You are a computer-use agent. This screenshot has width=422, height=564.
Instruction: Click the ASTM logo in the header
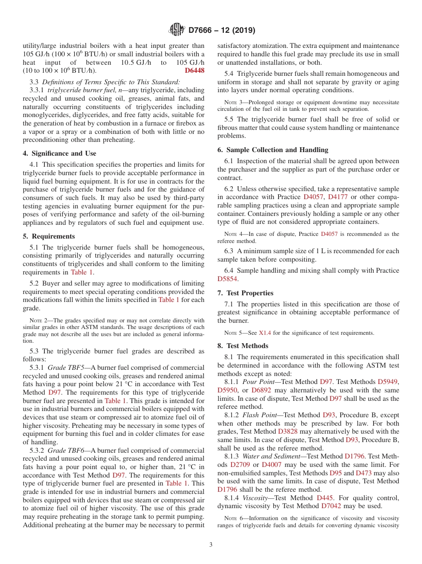tap(177, 30)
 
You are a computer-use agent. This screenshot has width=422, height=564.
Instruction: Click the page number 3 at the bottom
tap(211, 544)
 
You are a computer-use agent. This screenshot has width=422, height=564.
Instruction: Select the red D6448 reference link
tap(195, 70)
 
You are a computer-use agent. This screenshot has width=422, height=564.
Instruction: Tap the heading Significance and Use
tap(59, 153)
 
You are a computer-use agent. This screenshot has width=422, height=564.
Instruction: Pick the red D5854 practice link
tap(227, 279)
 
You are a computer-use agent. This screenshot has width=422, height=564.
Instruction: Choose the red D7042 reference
tap(331, 505)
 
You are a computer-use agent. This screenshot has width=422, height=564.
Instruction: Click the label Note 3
tap(227, 102)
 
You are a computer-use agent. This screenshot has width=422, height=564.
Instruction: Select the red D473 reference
tap(363, 473)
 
